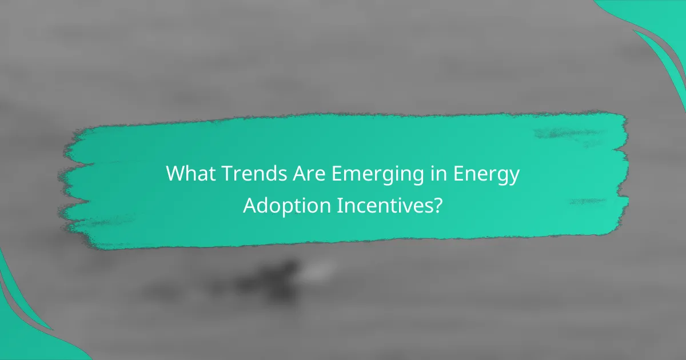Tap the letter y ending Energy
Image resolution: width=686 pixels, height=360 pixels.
coord(514,177)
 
